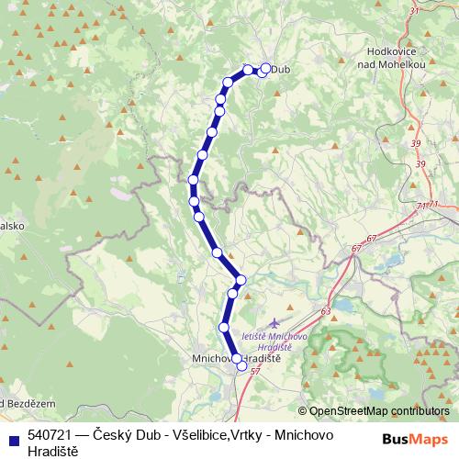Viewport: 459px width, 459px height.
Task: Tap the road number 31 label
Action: coord(413,10)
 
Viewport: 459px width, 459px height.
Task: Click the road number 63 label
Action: coord(326,312)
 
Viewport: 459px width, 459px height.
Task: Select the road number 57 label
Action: coord(255,371)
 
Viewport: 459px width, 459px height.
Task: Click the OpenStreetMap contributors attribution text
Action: coord(378,410)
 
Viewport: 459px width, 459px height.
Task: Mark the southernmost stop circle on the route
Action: coord(242,365)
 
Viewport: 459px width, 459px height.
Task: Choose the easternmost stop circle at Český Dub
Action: coord(267,68)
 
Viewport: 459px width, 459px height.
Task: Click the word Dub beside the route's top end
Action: coord(282,69)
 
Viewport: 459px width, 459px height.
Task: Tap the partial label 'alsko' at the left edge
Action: coord(11,224)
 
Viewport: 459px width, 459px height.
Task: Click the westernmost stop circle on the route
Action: coord(193,180)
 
